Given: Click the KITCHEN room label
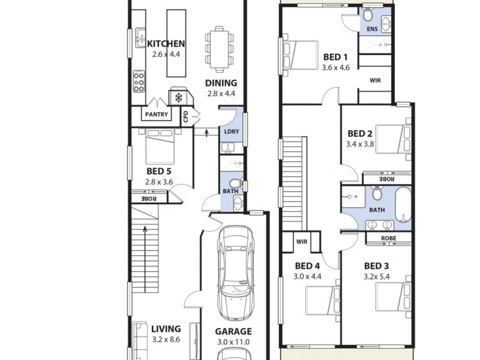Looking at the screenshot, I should (x=166, y=43).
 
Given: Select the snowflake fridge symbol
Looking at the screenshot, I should (x=178, y=97).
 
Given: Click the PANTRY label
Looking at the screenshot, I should (x=157, y=114).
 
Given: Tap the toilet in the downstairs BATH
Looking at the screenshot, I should (x=235, y=182).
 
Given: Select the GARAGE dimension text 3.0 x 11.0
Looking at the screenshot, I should (x=233, y=342).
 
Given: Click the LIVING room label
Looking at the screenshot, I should (x=166, y=329).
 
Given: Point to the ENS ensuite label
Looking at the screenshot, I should (x=372, y=28).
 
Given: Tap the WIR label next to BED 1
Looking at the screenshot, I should (x=374, y=80).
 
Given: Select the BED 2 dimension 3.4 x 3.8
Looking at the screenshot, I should (x=360, y=144).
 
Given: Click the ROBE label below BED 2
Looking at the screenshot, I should (x=386, y=178).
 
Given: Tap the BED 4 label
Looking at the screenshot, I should (x=307, y=266).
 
